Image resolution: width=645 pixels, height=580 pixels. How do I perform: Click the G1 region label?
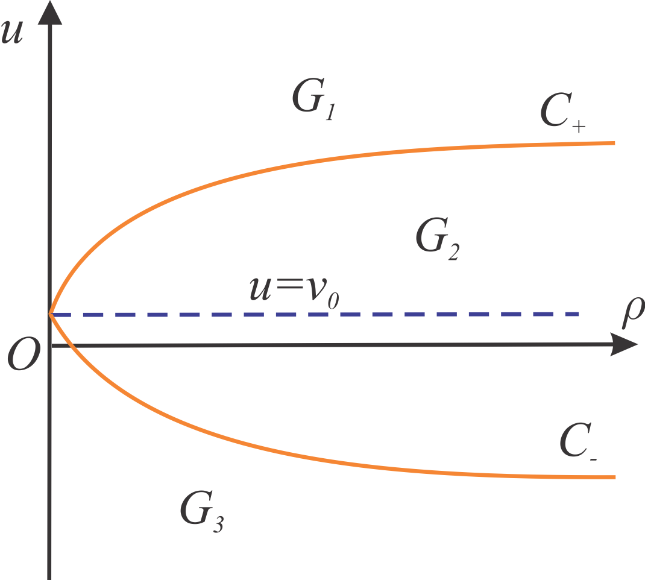pos(314,99)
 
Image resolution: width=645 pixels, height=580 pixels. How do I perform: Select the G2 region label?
pos(437,239)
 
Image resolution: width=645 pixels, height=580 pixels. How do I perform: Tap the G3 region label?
pos(201,512)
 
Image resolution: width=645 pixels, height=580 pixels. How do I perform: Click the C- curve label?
pos(578,441)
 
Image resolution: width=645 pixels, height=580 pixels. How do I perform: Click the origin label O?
pos(24,354)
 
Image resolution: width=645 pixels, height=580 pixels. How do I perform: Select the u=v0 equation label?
pos(294,291)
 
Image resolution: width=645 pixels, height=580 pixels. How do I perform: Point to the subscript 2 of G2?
pos(454,252)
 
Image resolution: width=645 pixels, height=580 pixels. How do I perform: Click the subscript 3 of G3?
pos(218,525)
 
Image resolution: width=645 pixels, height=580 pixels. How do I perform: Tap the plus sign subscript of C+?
pos(579,126)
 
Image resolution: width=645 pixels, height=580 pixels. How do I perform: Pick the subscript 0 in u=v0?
pos(333,301)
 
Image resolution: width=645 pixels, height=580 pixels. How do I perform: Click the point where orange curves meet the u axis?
pos(50,314)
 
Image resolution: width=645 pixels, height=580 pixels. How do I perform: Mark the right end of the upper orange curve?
pos(615,143)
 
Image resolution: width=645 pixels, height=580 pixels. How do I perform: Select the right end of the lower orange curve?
pos(615,477)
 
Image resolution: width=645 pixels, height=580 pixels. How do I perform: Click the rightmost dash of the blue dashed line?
pos(571,314)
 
